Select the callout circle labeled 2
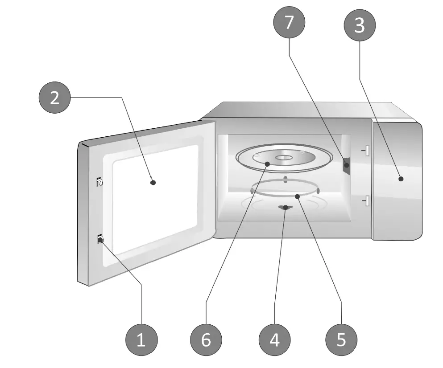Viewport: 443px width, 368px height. [x=54, y=98]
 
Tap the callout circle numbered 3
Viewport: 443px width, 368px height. [x=359, y=26]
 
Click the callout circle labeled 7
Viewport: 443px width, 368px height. [x=289, y=22]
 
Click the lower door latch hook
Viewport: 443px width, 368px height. [x=100, y=240]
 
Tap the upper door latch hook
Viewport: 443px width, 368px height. [x=99, y=182]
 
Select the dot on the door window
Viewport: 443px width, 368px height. [x=153, y=182]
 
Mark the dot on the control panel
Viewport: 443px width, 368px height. [x=401, y=179]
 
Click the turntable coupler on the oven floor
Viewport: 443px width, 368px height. [x=285, y=208]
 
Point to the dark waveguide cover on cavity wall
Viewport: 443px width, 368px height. [x=346, y=165]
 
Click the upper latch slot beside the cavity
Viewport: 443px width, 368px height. [x=366, y=151]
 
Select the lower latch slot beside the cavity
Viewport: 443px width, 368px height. [x=366, y=201]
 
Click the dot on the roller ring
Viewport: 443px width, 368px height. [x=297, y=195]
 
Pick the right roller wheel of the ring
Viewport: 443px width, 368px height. [x=318, y=190]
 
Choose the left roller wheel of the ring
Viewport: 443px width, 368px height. [x=253, y=190]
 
